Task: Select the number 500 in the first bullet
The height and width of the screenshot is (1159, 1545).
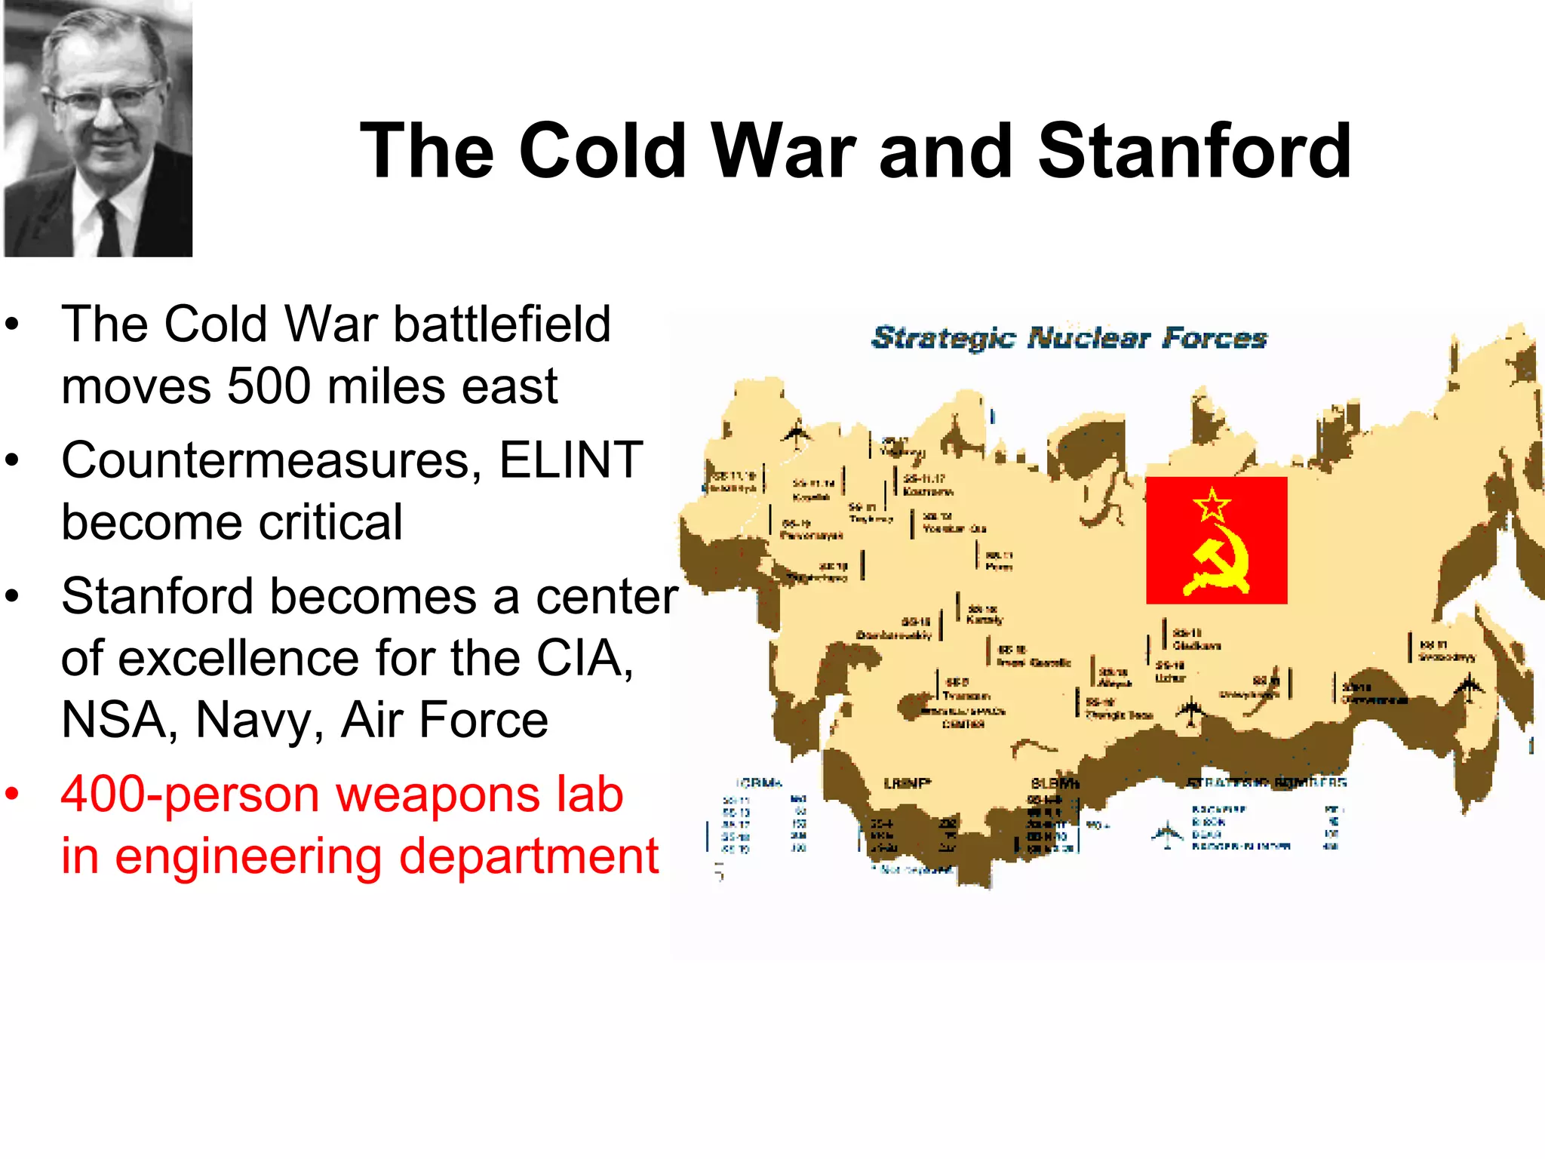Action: pyautogui.click(x=269, y=386)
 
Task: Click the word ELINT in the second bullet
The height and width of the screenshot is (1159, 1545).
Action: pyautogui.click(x=570, y=460)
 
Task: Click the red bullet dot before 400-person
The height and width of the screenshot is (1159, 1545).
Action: pyautogui.click(x=11, y=795)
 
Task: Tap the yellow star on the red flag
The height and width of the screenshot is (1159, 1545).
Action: pyautogui.click(x=1212, y=505)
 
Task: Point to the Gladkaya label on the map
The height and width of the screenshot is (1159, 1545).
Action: pyautogui.click(x=1196, y=646)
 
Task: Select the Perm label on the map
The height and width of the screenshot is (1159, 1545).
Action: pyautogui.click(x=999, y=567)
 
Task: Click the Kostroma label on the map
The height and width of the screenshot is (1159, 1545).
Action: pyautogui.click(x=928, y=491)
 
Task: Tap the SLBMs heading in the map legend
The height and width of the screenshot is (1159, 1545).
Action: pyautogui.click(x=1055, y=783)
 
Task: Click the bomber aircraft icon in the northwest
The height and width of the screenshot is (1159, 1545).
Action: pyautogui.click(x=796, y=436)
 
